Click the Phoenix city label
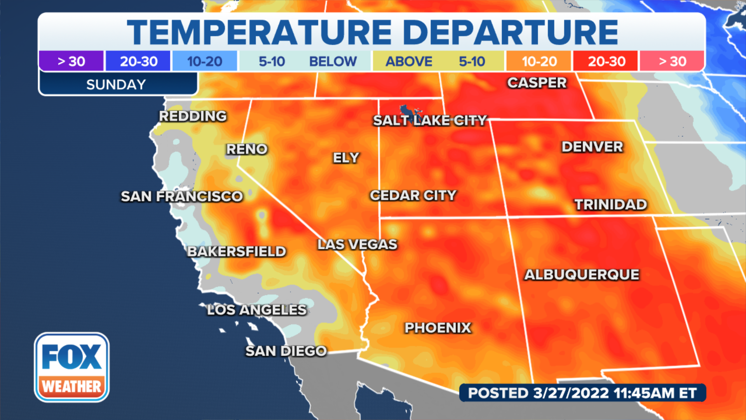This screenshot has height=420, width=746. (438, 328)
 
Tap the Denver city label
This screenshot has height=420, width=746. (592, 147)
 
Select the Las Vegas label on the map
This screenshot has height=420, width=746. (357, 244)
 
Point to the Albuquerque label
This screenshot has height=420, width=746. (582, 275)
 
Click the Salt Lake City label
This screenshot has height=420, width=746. (430, 121)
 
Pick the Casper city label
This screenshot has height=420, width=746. (537, 83)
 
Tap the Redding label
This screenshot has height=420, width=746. (193, 116)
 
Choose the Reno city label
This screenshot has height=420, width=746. (247, 149)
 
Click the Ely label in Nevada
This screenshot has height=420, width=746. (346, 158)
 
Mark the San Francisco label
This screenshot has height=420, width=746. (182, 196)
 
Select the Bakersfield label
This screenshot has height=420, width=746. (237, 252)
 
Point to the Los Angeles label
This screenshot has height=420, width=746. (257, 310)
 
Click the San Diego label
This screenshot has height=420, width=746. (286, 351)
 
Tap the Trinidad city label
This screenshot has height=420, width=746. (611, 205)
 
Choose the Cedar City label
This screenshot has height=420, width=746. (413, 195)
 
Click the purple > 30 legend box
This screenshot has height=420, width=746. (71, 61)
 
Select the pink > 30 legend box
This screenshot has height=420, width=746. (672, 61)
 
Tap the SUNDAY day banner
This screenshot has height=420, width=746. (116, 84)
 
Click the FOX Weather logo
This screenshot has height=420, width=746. (72, 367)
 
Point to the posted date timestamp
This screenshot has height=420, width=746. (582, 393)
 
